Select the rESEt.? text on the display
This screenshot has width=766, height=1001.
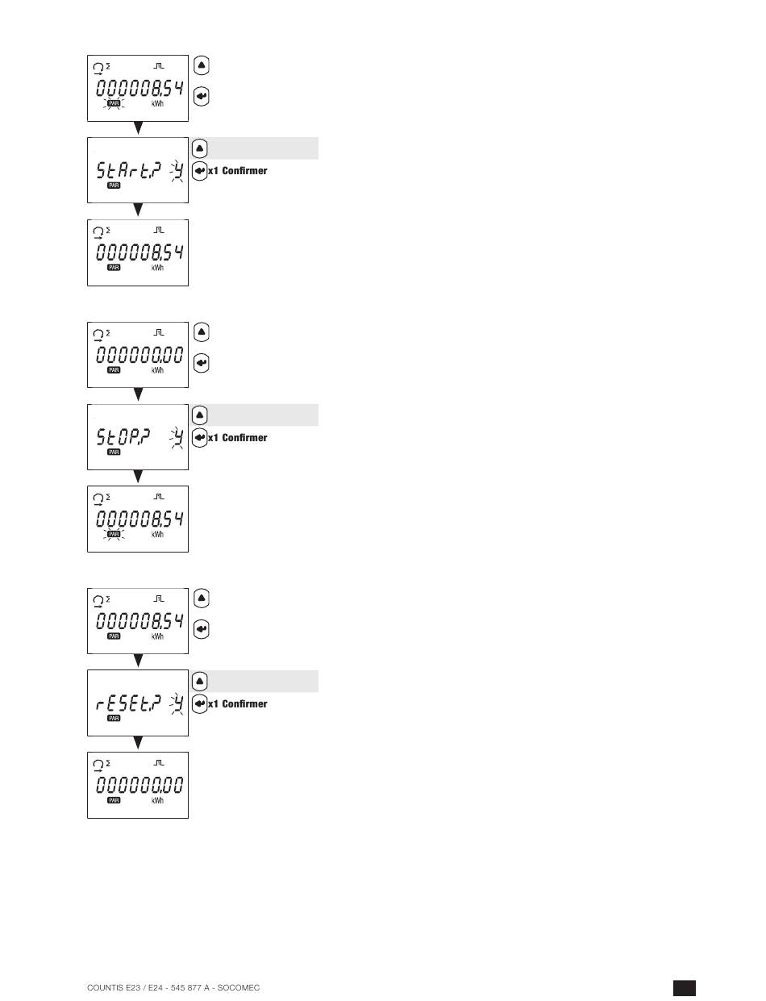click(x=129, y=703)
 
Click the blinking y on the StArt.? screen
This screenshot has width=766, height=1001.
click(x=177, y=170)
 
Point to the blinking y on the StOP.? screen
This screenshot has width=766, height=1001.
click(x=177, y=437)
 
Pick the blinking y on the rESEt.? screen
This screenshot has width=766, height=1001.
click(x=177, y=703)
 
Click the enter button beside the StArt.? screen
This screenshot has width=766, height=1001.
click(x=201, y=171)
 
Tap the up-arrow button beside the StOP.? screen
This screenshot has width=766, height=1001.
click(x=201, y=415)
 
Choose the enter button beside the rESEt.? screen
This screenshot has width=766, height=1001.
click(x=201, y=703)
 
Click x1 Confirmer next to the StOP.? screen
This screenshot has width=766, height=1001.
click(x=238, y=437)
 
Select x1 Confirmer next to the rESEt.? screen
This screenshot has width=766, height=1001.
click(x=238, y=703)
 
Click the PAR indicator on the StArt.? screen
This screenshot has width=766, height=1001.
click(x=114, y=186)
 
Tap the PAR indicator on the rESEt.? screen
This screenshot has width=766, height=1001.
click(x=114, y=719)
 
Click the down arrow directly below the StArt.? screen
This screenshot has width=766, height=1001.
click(x=138, y=211)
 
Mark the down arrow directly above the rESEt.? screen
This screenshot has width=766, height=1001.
click(x=138, y=661)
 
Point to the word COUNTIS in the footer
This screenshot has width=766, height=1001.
click(x=105, y=988)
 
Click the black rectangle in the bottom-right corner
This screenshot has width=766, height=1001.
click(x=684, y=988)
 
